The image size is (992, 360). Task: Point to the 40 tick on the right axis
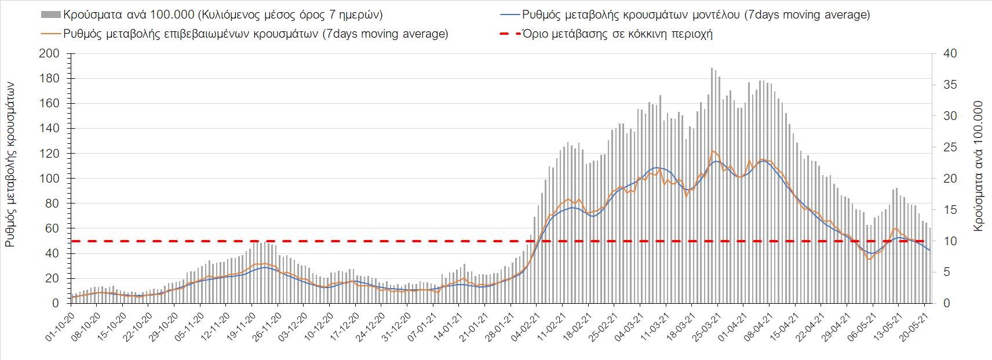tap(949, 54)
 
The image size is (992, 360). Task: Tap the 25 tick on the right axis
tap(949, 147)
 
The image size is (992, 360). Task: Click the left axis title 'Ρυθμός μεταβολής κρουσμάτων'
tap(10, 164)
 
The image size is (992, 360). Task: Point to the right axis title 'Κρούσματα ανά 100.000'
tap(978, 166)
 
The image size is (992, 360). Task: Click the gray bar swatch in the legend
tap(50, 14)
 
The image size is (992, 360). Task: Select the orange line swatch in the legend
tap(50, 34)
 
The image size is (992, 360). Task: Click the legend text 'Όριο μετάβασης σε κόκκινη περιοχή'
tap(617, 34)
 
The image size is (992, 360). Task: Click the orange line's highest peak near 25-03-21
tap(712, 151)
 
